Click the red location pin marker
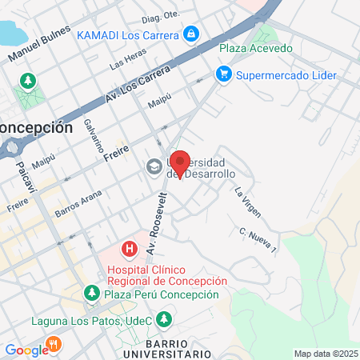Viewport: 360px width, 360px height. coord(180,163)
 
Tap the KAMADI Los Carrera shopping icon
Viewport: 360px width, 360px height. coord(191,34)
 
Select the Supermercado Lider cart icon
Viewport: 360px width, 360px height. coord(224,74)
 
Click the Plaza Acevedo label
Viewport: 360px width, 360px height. coord(256,48)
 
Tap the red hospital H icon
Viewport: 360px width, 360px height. coord(127,250)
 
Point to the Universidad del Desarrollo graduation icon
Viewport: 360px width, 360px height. coord(153,166)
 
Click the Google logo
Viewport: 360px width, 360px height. coord(26,350)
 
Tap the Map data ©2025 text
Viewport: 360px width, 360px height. coord(325,354)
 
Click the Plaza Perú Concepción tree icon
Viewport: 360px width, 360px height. coord(94,294)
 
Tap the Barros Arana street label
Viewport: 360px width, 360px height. coord(78,204)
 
